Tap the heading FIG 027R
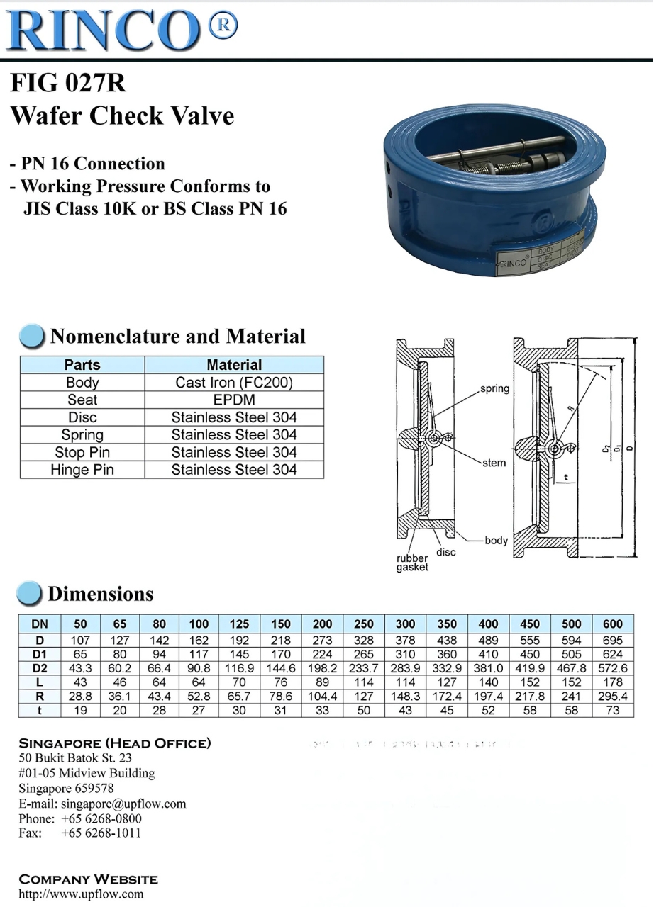click(x=68, y=83)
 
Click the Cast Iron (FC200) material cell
click(x=234, y=383)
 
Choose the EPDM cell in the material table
click(x=234, y=400)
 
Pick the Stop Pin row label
click(x=82, y=452)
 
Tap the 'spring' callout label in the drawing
click(x=494, y=389)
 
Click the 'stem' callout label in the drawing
click(x=494, y=463)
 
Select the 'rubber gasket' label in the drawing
click(x=412, y=563)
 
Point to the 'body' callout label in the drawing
click(x=497, y=541)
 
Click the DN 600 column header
click(x=612, y=624)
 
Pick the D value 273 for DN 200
click(x=322, y=640)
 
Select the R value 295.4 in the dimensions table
click(x=612, y=697)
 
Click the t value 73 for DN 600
click(x=612, y=710)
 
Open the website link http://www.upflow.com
click(x=81, y=894)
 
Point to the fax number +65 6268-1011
click(x=101, y=833)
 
